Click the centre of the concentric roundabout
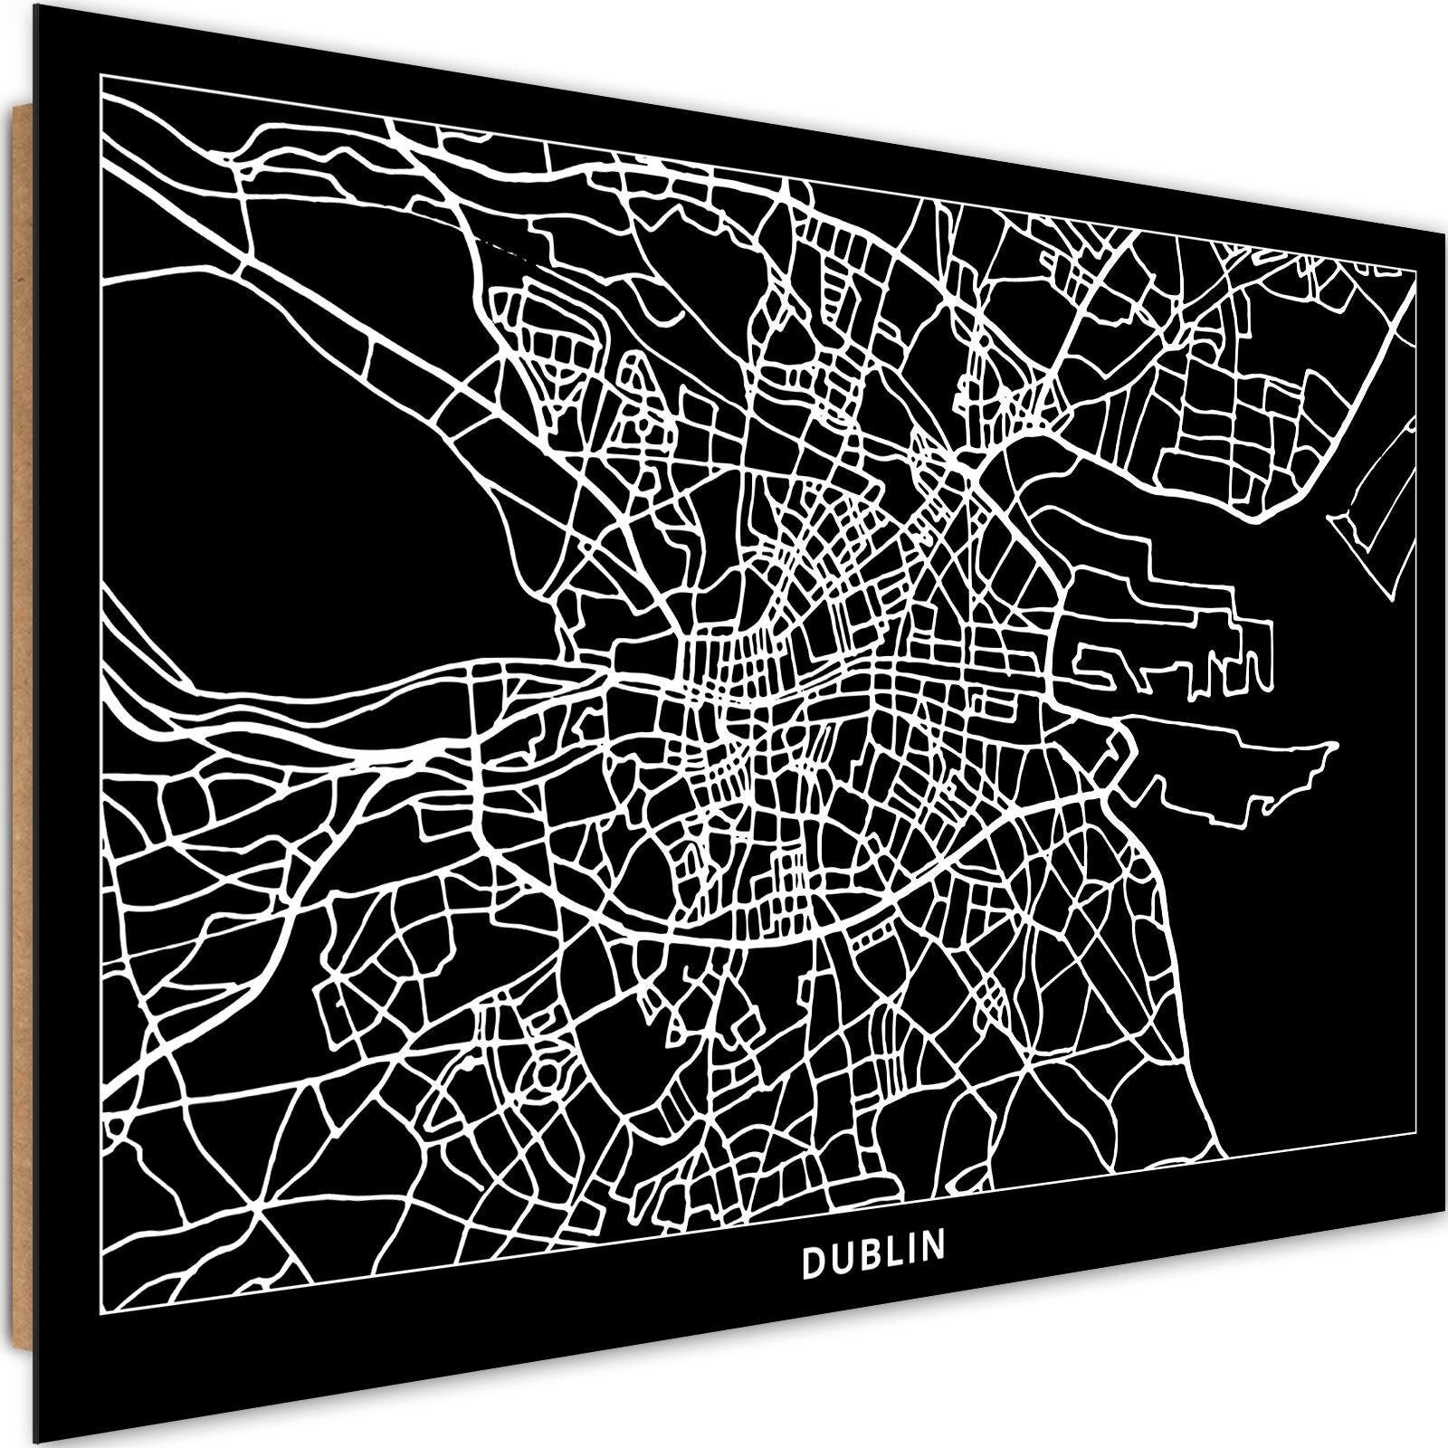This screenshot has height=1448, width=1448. click(547, 1075)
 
